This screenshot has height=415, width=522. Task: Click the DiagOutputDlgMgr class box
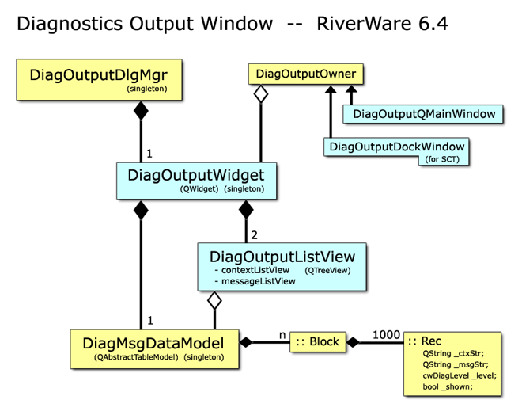99,80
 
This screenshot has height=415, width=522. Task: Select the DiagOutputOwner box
305,74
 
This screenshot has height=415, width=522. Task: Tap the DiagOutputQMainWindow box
423,114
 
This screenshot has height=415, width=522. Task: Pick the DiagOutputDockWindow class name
397,147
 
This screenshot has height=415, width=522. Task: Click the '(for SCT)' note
442,159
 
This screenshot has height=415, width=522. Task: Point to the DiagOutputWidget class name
196,175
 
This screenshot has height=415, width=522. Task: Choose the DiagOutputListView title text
282,257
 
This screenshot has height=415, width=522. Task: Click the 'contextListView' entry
255,270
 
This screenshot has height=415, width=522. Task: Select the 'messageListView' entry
259,281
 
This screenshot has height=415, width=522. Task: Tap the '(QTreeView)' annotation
327,270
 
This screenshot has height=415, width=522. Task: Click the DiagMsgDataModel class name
153,344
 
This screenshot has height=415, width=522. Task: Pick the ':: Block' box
318,341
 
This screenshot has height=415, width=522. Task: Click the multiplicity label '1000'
386,335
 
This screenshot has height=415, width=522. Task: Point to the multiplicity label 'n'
282,335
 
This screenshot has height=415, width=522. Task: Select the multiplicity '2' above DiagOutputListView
255,235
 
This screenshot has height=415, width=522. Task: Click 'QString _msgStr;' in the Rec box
456,364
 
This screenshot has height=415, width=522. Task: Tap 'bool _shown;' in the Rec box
448,386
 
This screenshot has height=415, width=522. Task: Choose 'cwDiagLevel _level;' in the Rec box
460,375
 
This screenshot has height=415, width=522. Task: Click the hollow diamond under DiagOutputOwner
261,94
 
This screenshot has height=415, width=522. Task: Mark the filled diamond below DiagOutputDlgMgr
141,111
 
